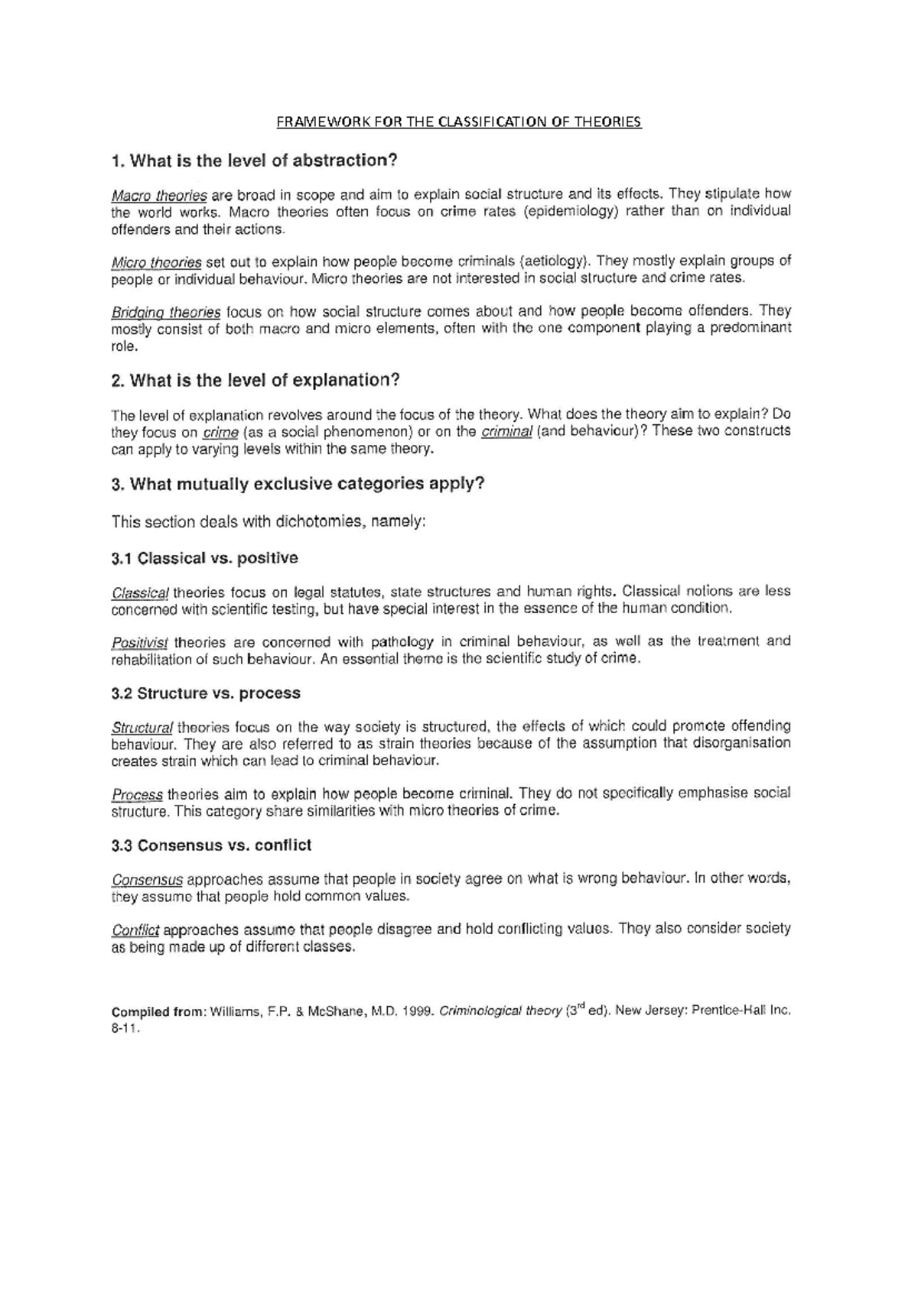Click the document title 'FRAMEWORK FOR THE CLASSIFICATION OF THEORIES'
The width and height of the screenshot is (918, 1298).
pyautogui.click(x=458, y=122)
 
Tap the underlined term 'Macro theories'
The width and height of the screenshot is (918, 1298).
pyautogui.click(x=159, y=194)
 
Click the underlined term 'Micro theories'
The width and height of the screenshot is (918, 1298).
pyautogui.click(x=157, y=261)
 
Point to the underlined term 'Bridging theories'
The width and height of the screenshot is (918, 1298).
pyautogui.click(x=166, y=312)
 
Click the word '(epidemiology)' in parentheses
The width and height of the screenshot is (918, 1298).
pyautogui.click(x=570, y=212)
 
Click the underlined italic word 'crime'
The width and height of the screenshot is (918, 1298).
pyautogui.click(x=221, y=433)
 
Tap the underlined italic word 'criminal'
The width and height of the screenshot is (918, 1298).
pyautogui.click(x=506, y=433)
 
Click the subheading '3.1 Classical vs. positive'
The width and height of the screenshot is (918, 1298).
pyautogui.click(x=205, y=558)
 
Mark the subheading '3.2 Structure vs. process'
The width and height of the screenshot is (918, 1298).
pyautogui.click(x=206, y=693)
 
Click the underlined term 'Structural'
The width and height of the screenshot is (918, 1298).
pyautogui.click(x=142, y=727)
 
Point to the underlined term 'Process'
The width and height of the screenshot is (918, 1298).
pyautogui.click(x=137, y=794)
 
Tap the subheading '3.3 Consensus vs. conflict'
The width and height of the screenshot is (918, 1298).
pyautogui.click(x=211, y=845)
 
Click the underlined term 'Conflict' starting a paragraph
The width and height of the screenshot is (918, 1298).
pyautogui.click(x=135, y=930)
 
